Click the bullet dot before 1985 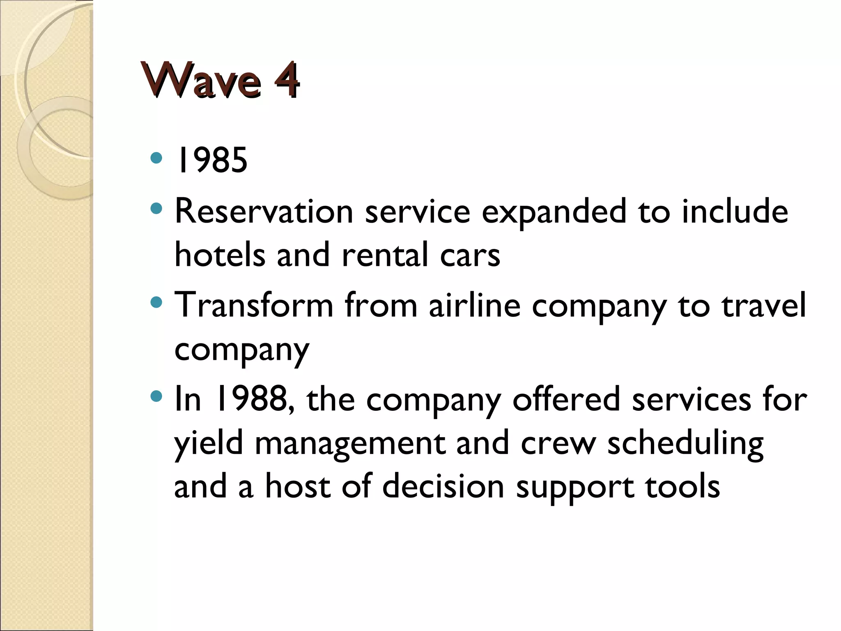tap(156, 158)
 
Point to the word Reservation tap(264, 212)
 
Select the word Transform tap(253, 305)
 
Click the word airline tap(475, 305)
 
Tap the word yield tap(209, 444)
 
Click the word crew tap(558, 444)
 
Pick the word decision tap(443, 486)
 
